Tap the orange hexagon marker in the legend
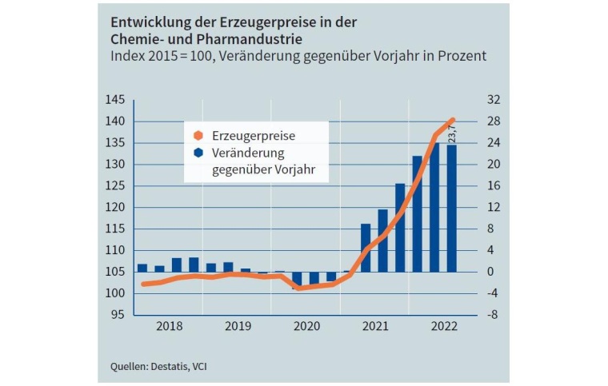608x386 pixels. point(198,137)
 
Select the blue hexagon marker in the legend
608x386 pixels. point(198,153)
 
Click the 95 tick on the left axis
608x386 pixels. point(118,315)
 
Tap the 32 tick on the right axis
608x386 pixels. point(493,100)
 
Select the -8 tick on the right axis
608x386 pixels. point(493,315)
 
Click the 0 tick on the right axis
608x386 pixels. point(490,272)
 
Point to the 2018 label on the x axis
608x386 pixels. point(169,326)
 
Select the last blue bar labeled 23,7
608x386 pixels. point(452,208)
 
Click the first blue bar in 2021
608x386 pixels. point(366,248)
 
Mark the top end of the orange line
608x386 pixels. point(452,120)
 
